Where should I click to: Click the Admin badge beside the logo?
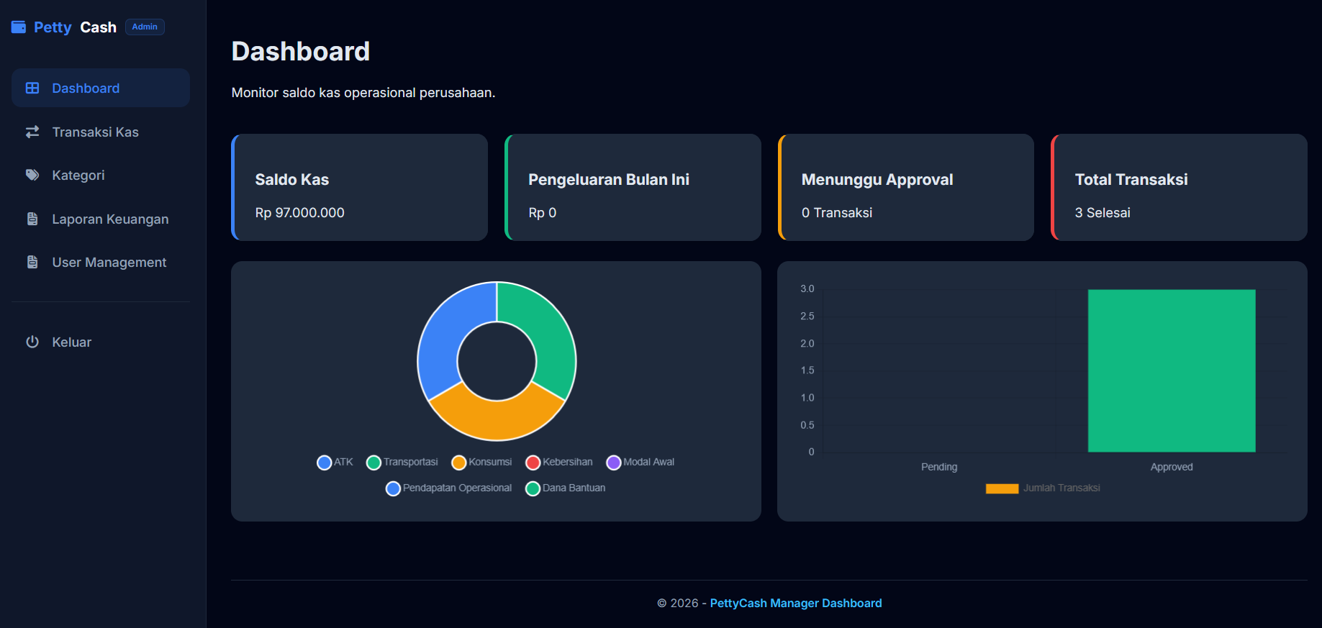click(145, 27)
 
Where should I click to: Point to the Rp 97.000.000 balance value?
click(299, 212)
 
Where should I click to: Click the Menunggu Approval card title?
click(877, 179)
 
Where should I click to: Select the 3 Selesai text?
click(1103, 212)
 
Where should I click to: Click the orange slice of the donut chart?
click(497, 417)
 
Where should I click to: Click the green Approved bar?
click(1172, 370)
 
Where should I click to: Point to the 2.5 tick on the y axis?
click(807, 316)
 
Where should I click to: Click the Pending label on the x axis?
click(939, 467)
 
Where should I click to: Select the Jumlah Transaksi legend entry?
click(1043, 488)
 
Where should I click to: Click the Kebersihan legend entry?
click(559, 462)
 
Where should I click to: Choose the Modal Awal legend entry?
click(640, 462)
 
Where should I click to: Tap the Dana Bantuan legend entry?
click(566, 488)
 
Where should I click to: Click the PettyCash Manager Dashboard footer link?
click(796, 603)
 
